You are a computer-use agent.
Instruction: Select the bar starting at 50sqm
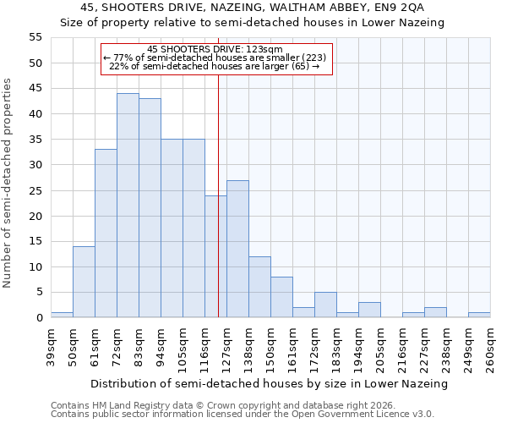(84, 282)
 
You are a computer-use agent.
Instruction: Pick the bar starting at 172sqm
(325, 305)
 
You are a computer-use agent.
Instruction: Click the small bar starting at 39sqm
(62, 315)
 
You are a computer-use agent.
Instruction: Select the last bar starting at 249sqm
(479, 315)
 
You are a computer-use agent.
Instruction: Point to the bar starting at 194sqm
(369, 310)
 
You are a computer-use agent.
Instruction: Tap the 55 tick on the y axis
(35, 37)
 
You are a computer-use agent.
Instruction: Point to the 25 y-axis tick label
(35, 190)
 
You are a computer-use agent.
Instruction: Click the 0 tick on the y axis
(39, 318)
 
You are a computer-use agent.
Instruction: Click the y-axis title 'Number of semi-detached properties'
(8, 183)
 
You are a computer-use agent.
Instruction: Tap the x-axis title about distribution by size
(270, 383)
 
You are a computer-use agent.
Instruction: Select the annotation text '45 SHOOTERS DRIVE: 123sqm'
(215, 49)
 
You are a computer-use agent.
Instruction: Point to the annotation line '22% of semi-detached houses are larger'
(215, 66)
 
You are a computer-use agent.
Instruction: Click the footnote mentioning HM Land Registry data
(242, 405)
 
